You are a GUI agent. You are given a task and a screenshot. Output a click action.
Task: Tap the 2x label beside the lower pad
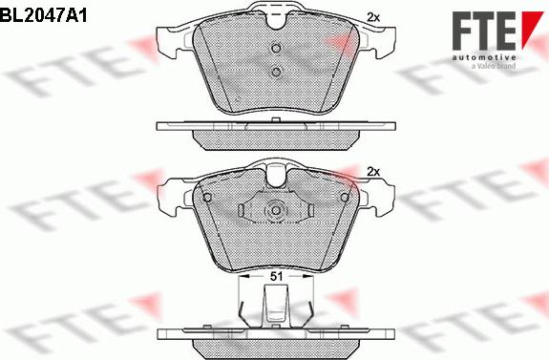pos(373,171)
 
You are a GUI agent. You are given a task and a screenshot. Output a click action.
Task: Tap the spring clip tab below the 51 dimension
pos(275,311)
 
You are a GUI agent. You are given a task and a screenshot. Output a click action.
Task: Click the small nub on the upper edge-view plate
pos(275,119)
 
